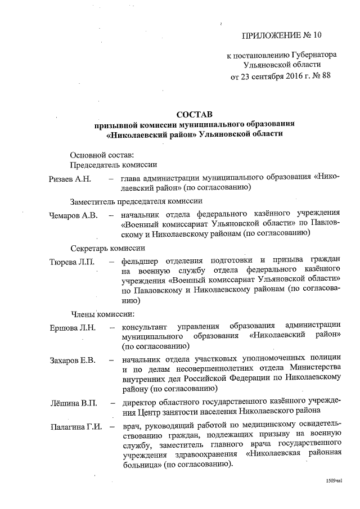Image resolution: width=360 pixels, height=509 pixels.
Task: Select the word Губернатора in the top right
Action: coord(314,56)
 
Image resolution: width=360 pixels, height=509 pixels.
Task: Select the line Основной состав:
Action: coord(102,155)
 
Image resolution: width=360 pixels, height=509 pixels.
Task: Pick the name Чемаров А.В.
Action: coord(73,214)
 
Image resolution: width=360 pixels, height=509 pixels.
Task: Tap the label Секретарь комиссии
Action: coord(108,247)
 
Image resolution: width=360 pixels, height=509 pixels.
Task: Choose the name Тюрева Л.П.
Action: coord(73,262)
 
